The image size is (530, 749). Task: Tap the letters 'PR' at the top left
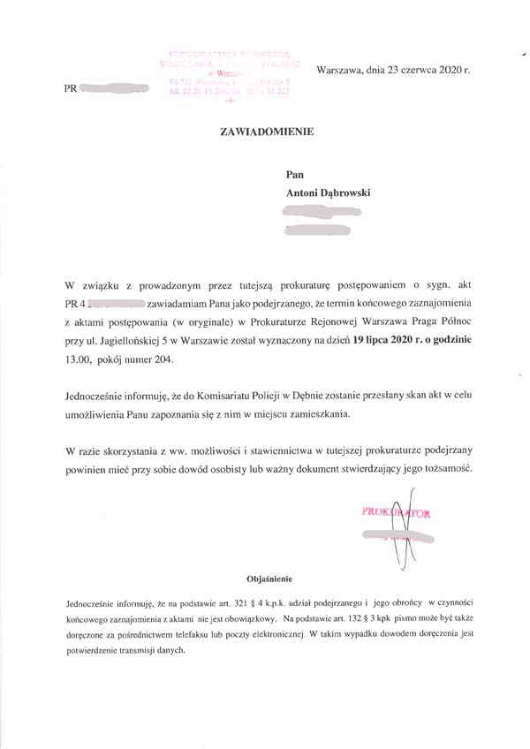(72, 89)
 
